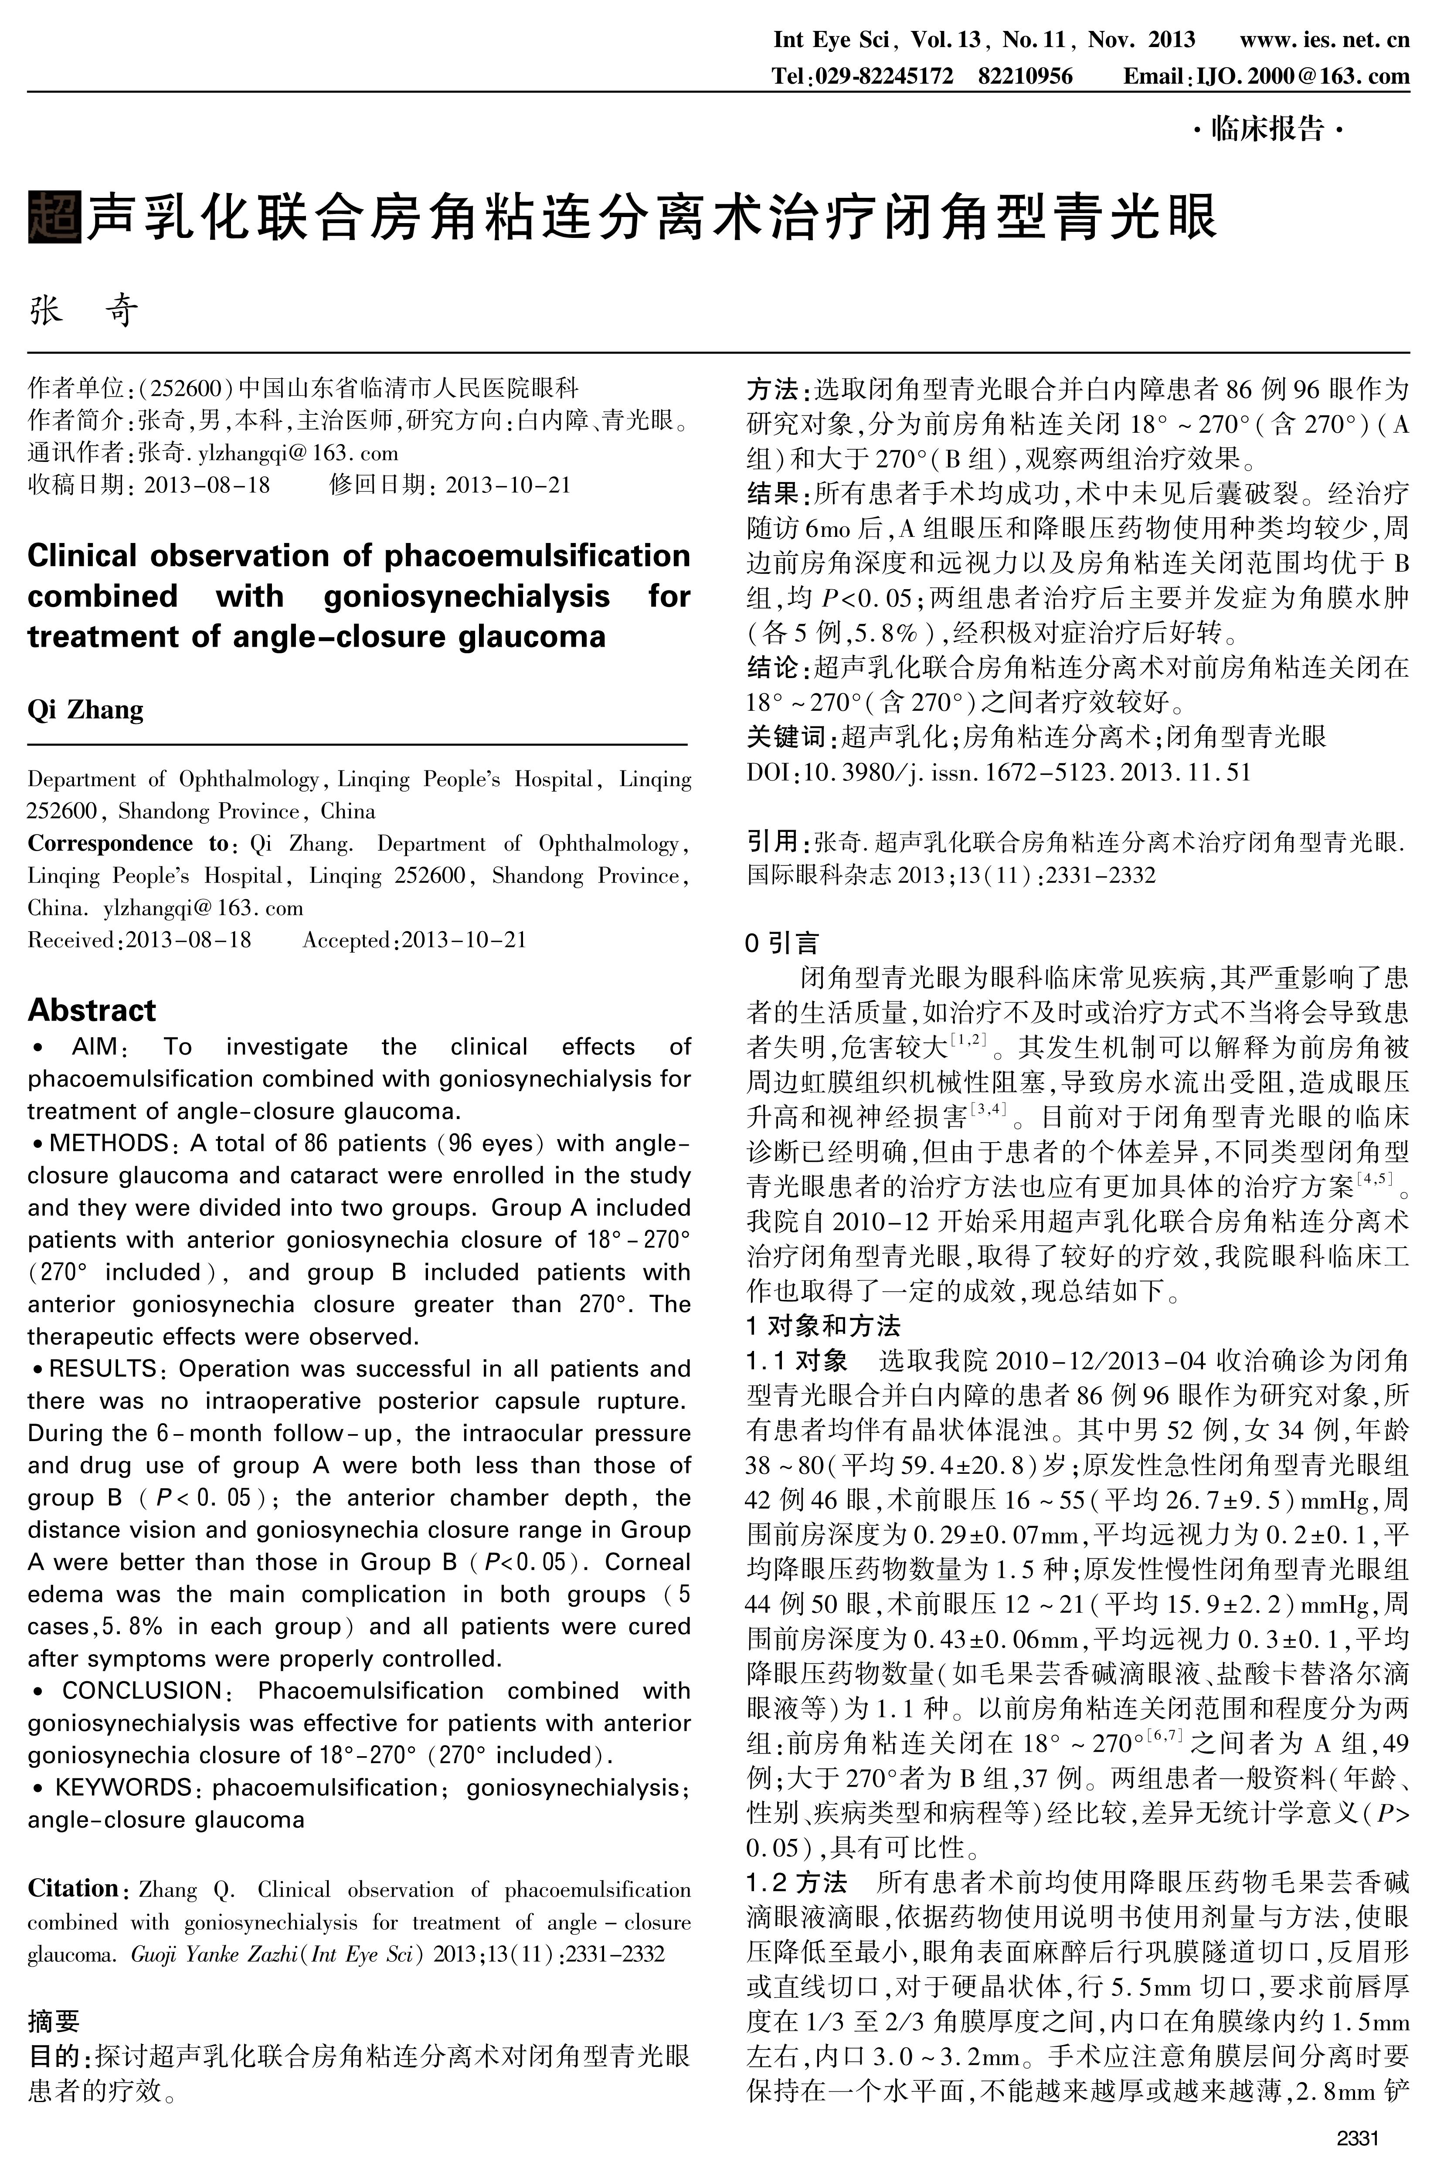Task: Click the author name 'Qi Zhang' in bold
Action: [85, 710]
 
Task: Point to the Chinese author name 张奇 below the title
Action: [84, 312]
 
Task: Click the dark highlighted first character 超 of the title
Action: [55, 217]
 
